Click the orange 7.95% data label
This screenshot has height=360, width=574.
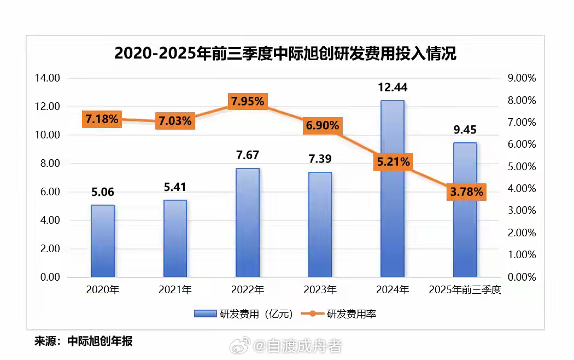pyautogui.click(x=248, y=101)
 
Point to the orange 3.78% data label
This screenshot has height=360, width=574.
pyautogui.click(x=467, y=191)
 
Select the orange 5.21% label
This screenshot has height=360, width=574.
pyautogui.click(x=393, y=162)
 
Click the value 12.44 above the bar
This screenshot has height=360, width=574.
pyautogui.click(x=393, y=88)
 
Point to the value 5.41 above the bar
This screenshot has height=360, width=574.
pyautogui.click(x=175, y=188)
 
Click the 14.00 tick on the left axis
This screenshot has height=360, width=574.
pyautogui.click(x=47, y=78)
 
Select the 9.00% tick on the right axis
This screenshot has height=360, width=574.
pyautogui.click(x=522, y=78)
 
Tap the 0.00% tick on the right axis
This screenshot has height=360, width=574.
pyautogui.click(x=522, y=277)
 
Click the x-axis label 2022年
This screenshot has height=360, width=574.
pyautogui.click(x=248, y=290)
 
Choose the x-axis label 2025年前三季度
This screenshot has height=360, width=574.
pyautogui.click(x=465, y=290)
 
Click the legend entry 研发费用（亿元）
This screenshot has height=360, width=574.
pyautogui.click(x=244, y=313)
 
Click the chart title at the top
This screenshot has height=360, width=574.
pyautogui.click(x=285, y=54)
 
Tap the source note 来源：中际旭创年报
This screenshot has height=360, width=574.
pyautogui.click(x=84, y=341)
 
